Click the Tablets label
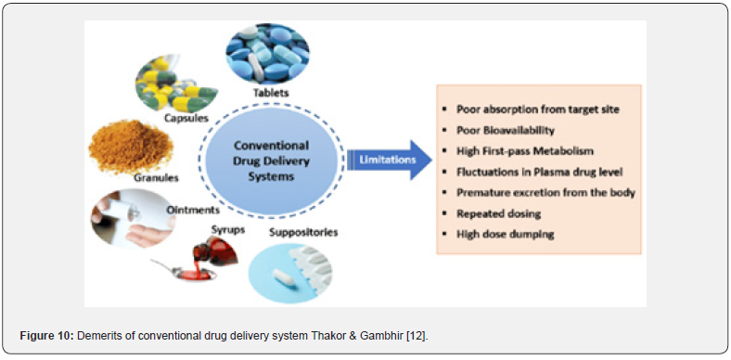click(x=271, y=93)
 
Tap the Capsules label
click(x=186, y=118)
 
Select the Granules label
click(x=156, y=177)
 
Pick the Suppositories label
click(x=303, y=232)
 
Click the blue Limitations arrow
click(x=390, y=160)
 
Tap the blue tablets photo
click(x=267, y=54)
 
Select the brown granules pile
click(x=131, y=147)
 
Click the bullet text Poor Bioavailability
click(x=506, y=131)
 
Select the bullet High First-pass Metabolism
click(x=526, y=151)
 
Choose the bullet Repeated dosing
click(x=498, y=213)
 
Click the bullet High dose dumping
click(x=505, y=234)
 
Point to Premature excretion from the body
click(x=545, y=192)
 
